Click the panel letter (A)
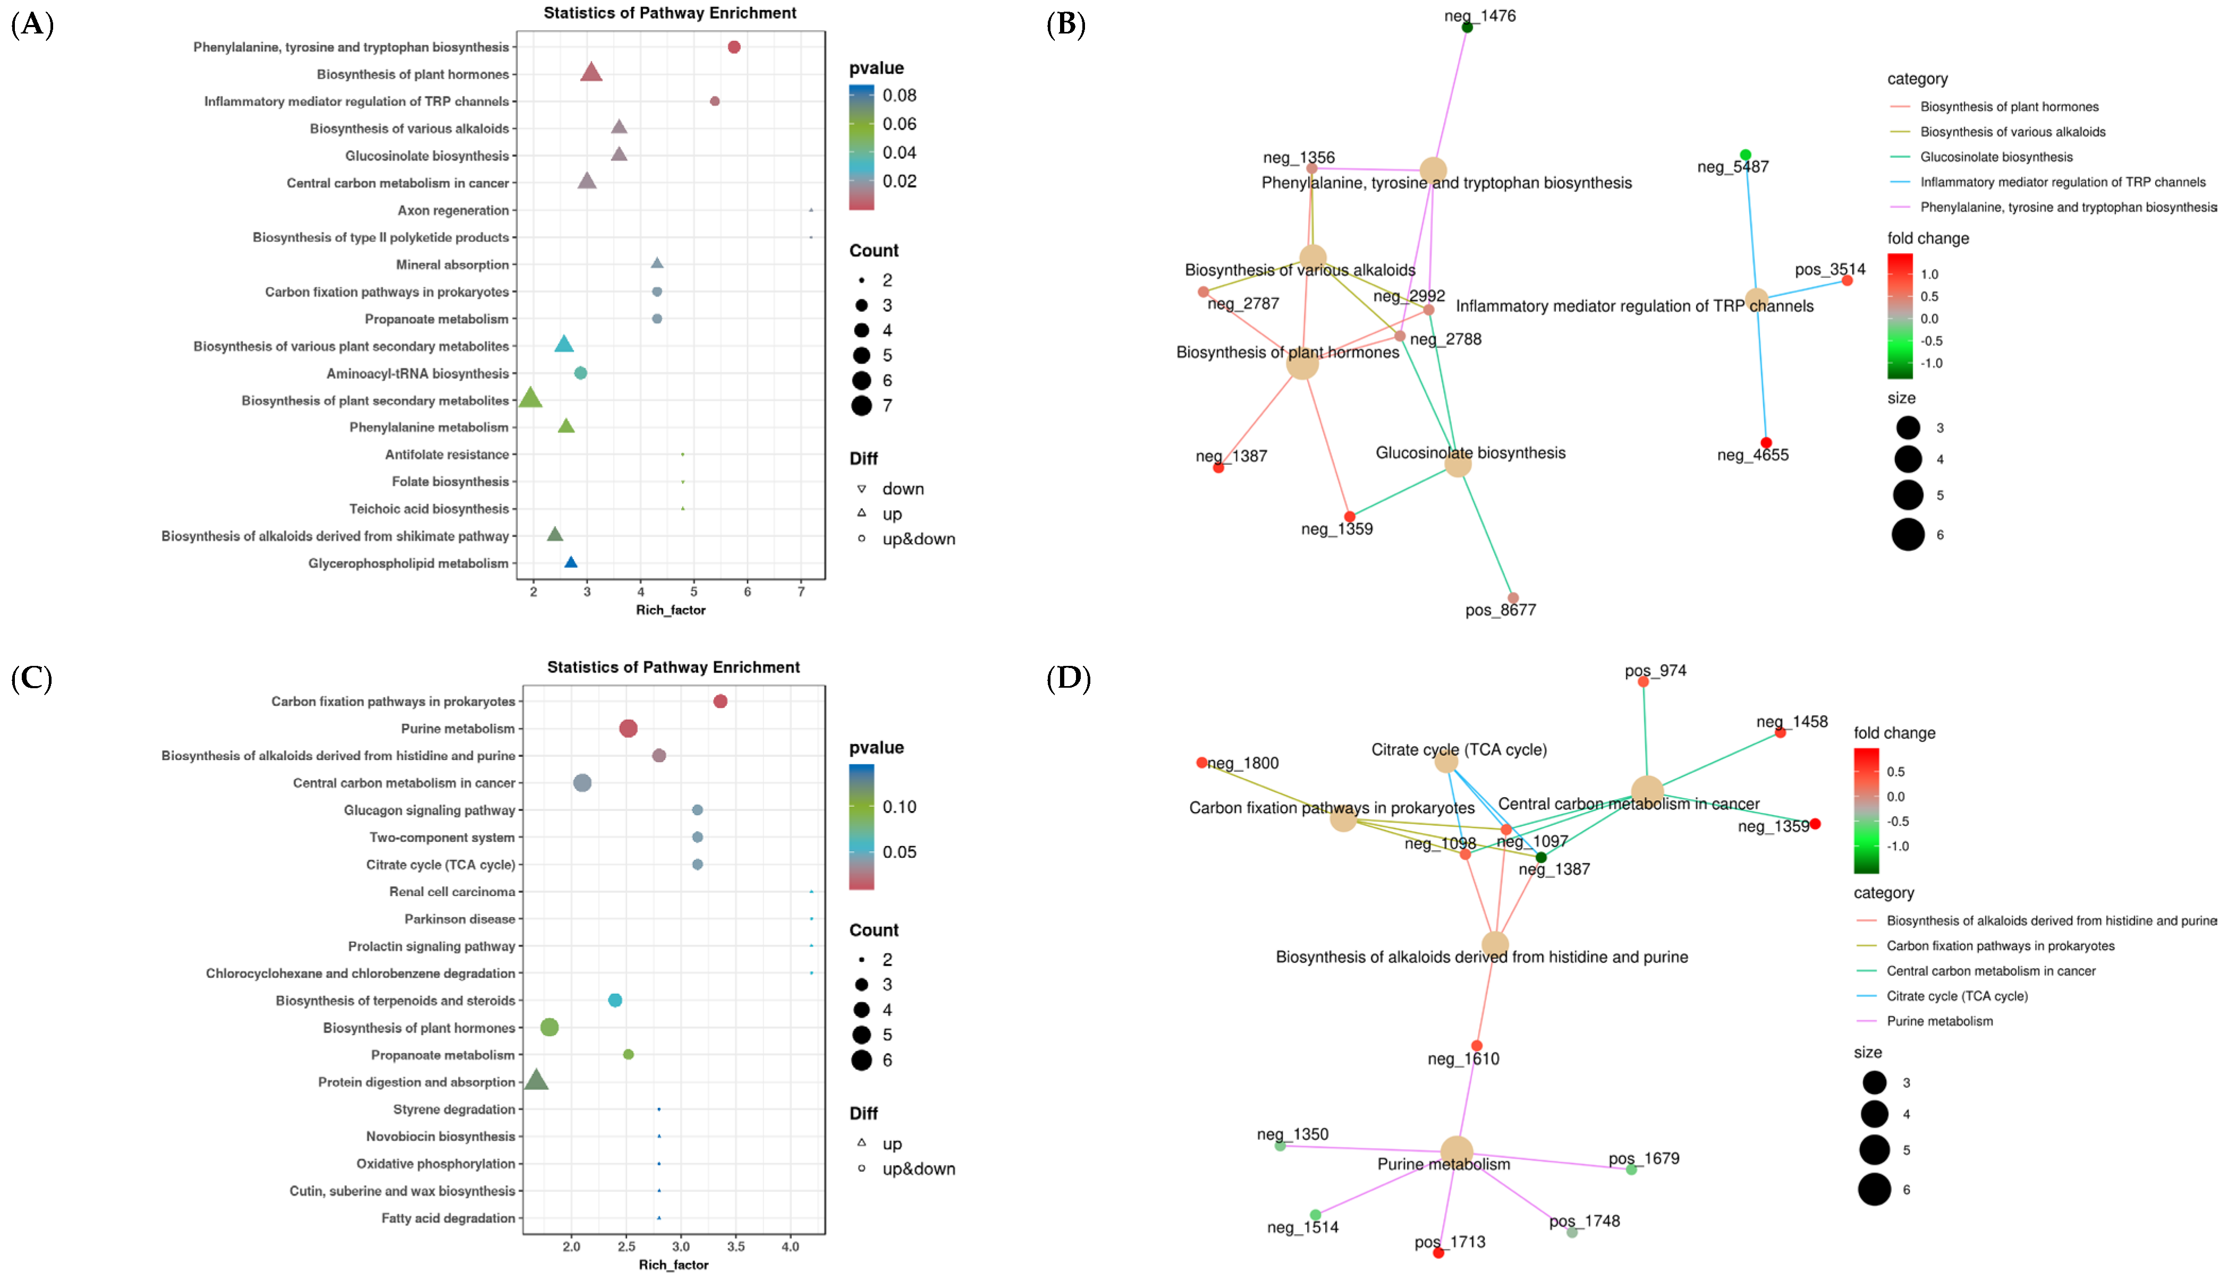click(x=32, y=24)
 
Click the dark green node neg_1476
click(x=1467, y=27)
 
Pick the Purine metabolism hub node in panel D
click(x=1456, y=1151)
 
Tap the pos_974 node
click(x=1643, y=681)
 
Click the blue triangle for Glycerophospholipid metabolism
click(x=571, y=562)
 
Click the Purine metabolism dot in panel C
click(x=628, y=728)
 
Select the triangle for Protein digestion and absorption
click(x=536, y=1080)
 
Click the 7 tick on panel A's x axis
click(x=801, y=591)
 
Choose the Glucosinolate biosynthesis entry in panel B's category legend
click(x=1996, y=157)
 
